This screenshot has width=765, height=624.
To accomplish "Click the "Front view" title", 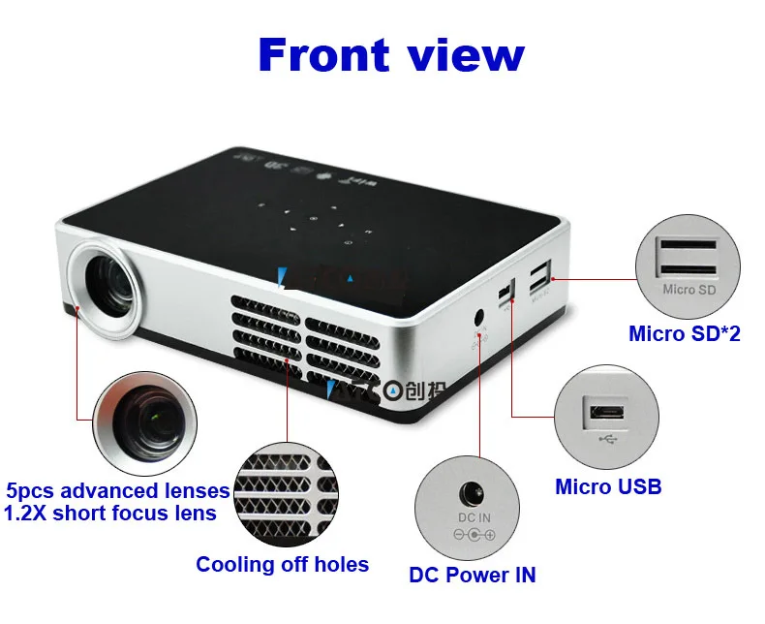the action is (391, 55).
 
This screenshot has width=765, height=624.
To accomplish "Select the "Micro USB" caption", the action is (608, 485).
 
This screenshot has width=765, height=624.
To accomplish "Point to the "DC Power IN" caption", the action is (473, 575).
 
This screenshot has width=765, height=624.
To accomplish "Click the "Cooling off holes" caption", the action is (282, 564).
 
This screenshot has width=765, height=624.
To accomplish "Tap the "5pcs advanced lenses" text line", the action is (118, 490).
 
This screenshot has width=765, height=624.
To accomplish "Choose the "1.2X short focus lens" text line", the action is (110, 513).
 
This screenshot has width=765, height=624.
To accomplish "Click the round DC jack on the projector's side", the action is (478, 317).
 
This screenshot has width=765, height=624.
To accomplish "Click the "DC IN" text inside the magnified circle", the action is (473, 518).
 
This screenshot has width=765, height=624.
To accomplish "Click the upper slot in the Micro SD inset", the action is (688, 243).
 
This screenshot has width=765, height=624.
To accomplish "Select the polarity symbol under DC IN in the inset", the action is (473, 535).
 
